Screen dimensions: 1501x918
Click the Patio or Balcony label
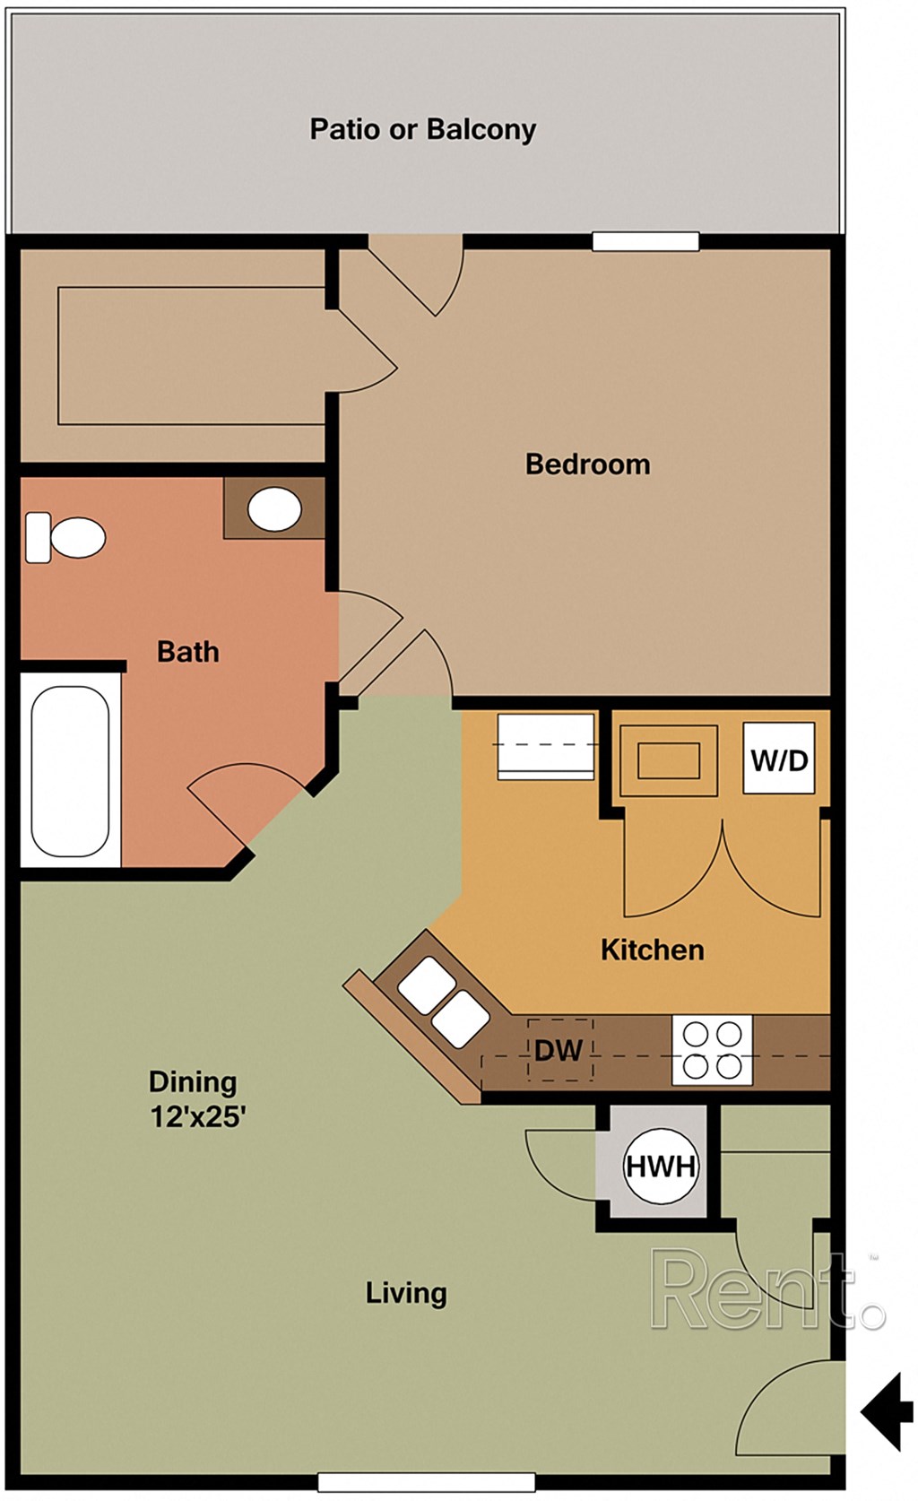coord(422,129)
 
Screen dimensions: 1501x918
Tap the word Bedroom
coord(587,464)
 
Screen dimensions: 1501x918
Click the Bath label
coord(187,652)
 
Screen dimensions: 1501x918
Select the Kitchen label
coord(652,950)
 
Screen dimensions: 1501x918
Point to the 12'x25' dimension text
coord(197,1117)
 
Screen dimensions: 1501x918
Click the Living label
coord(405,1292)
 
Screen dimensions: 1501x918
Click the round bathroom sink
coord(274,509)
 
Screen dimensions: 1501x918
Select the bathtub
coord(70,771)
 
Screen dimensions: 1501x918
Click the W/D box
coord(779,760)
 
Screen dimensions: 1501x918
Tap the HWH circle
coord(661,1166)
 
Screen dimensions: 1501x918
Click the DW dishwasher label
coord(558,1050)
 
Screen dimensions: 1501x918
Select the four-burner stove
coord(712,1050)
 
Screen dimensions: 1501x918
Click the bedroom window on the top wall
coord(645,241)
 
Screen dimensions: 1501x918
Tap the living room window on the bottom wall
coord(427,1482)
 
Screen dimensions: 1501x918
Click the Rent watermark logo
coord(766,1291)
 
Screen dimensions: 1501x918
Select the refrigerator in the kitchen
coord(546,745)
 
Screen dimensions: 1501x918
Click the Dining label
coord(193,1081)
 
